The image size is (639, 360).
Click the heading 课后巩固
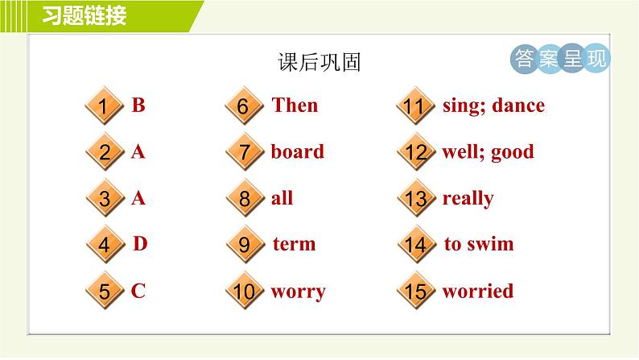coord(319,62)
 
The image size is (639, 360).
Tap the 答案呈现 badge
coord(560,58)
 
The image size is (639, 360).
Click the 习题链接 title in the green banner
coord(85,16)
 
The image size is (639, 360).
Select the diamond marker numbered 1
coord(105,106)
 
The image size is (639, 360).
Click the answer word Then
coord(295,105)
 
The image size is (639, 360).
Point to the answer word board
coord(298,151)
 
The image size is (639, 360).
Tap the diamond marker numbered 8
coord(245,199)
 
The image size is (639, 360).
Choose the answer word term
coord(295,244)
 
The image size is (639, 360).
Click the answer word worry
coord(298,292)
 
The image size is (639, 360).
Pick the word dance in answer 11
coord(518,106)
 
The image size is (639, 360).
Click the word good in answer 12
coord(513,152)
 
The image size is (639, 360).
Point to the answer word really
coord(468,199)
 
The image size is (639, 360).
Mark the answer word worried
coord(477,291)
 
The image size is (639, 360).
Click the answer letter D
coord(140,244)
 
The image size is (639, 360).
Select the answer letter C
coord(138,291)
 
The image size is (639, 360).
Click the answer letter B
coord(138,105)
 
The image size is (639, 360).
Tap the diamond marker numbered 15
coord(416,291)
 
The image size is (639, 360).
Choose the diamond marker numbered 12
coord(417,152)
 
